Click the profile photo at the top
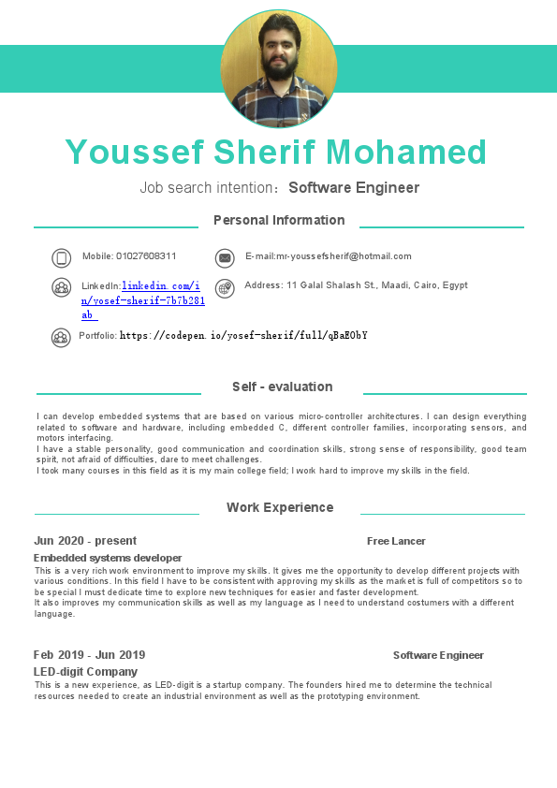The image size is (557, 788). pos(278,68)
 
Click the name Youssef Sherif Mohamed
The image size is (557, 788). pos(276,152)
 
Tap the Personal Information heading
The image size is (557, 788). pos(279,220)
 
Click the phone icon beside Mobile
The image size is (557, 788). pos(62,258)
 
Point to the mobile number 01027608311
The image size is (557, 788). pos(146,255)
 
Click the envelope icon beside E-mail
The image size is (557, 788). pos(224,258)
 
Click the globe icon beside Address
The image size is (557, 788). pos(224,288)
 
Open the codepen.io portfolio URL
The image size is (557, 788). pos(243,335)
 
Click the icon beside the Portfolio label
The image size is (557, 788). pos(61,337)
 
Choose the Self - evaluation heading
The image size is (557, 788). pos(282,387)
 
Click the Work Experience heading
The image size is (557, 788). pos(280,507)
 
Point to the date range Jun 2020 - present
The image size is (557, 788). pos(85,541)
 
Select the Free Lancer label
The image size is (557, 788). pos(396,541)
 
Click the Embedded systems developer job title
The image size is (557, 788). pos(108,558)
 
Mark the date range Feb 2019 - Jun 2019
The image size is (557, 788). pos(89,655)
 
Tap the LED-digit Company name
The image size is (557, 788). pos(85,672)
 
